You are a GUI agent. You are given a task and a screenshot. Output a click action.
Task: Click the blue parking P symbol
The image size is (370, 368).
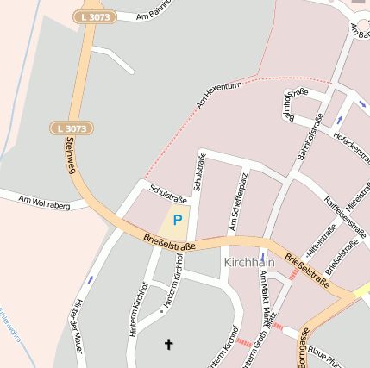tap(178, 220)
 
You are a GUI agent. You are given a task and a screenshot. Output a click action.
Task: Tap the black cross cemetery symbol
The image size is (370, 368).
tap(168, 345)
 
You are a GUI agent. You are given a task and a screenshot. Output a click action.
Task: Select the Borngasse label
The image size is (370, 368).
tap(304, 349)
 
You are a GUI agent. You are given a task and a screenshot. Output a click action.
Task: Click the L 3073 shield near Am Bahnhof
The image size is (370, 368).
tap(94, 16)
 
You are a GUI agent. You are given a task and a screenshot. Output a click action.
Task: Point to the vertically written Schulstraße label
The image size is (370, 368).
tap(199, 173)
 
